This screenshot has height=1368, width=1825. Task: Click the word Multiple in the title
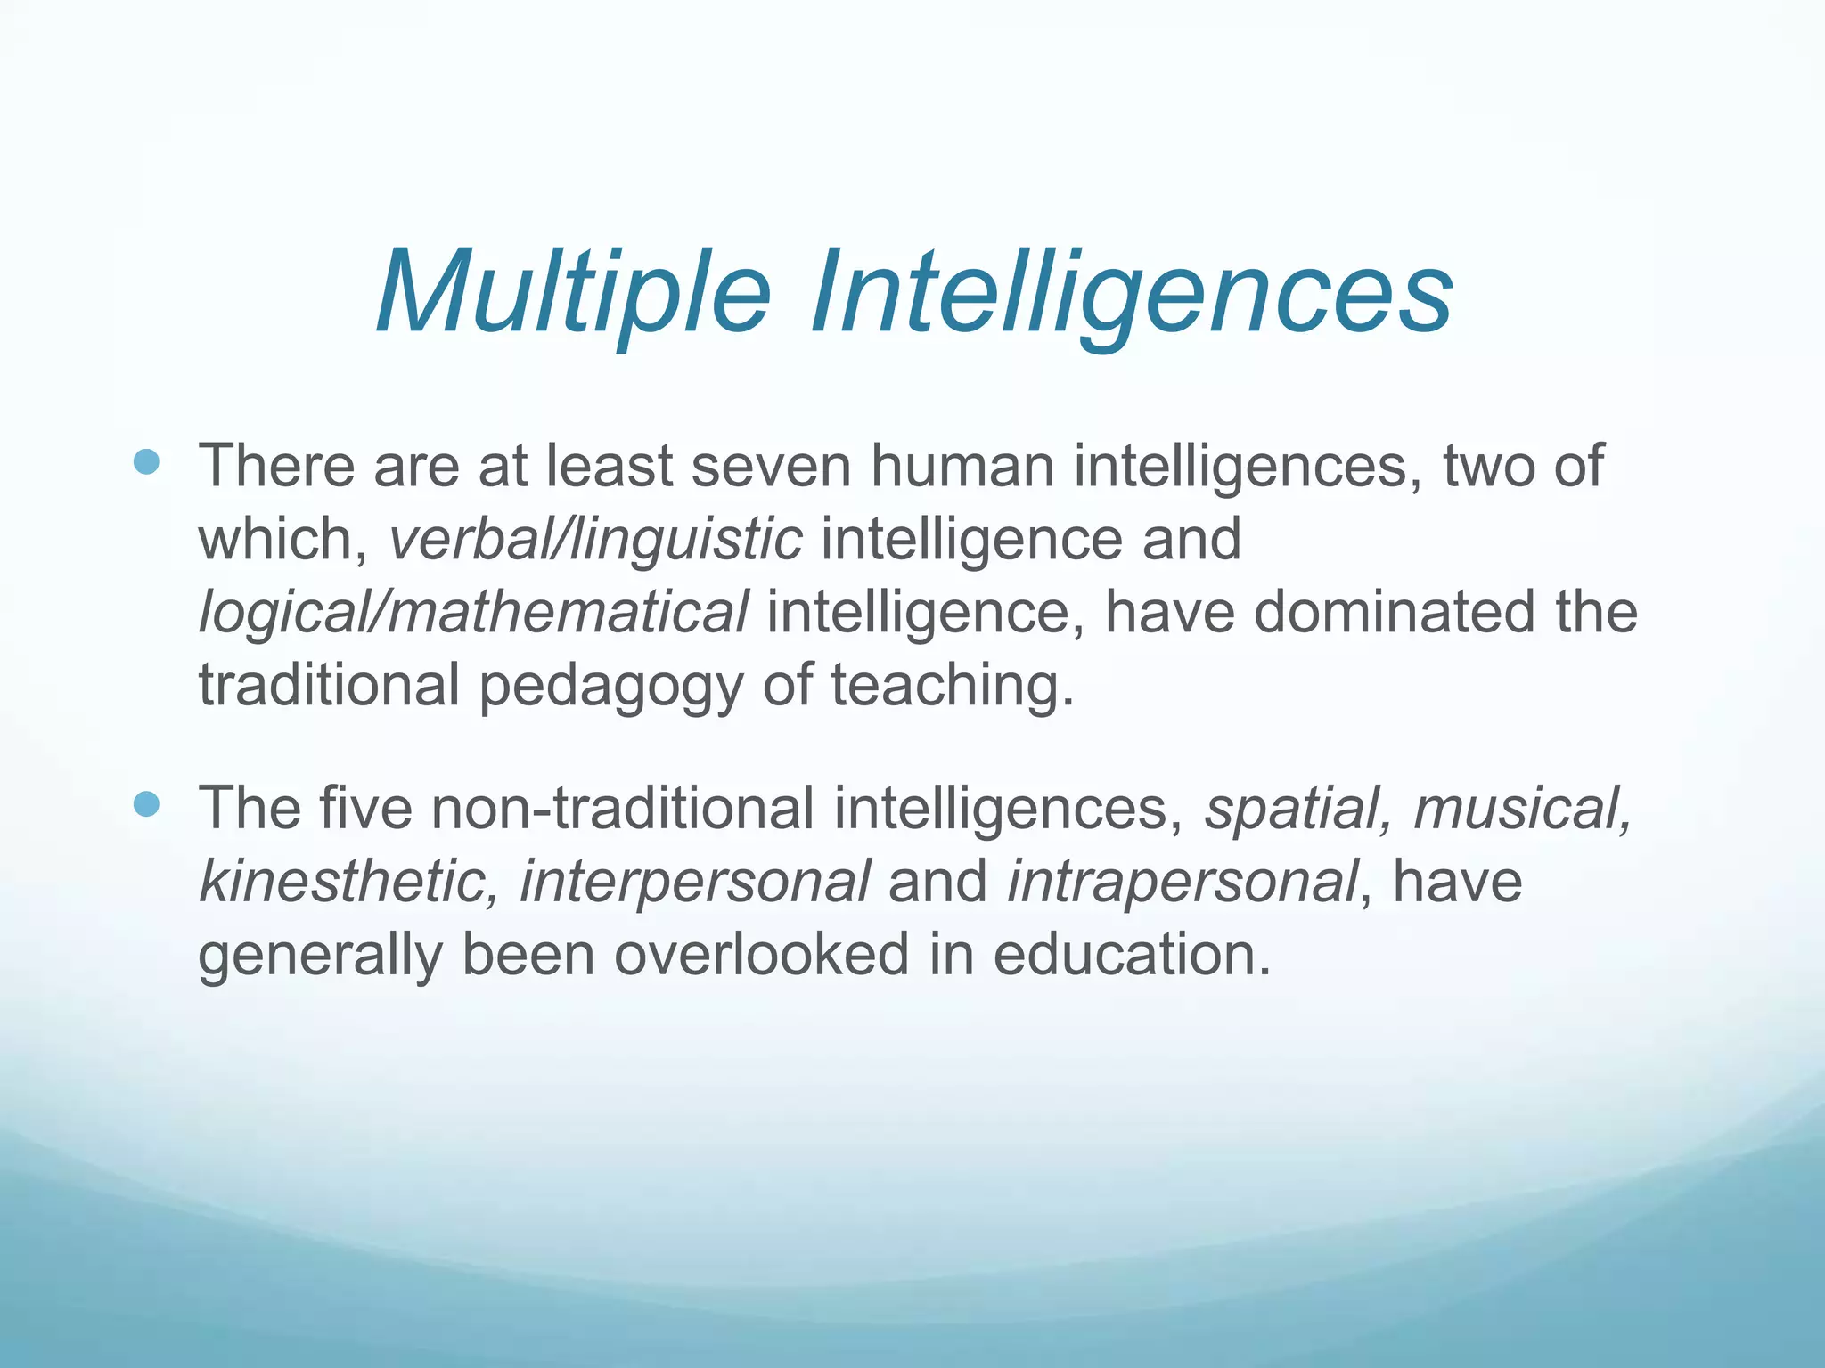click(573, 291)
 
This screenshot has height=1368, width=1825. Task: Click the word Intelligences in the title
click(1131, 291)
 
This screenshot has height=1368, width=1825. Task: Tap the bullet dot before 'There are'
click(145, 461)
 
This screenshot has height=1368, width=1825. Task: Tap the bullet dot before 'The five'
click(145, 804)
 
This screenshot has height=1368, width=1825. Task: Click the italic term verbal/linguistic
click(595, 539)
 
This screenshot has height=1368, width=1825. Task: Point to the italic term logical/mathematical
click(473, 612)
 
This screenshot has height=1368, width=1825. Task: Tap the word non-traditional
click(622, 808)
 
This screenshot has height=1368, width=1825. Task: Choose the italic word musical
click(1523, 808)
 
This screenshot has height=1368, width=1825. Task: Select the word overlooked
click(762, 954)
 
